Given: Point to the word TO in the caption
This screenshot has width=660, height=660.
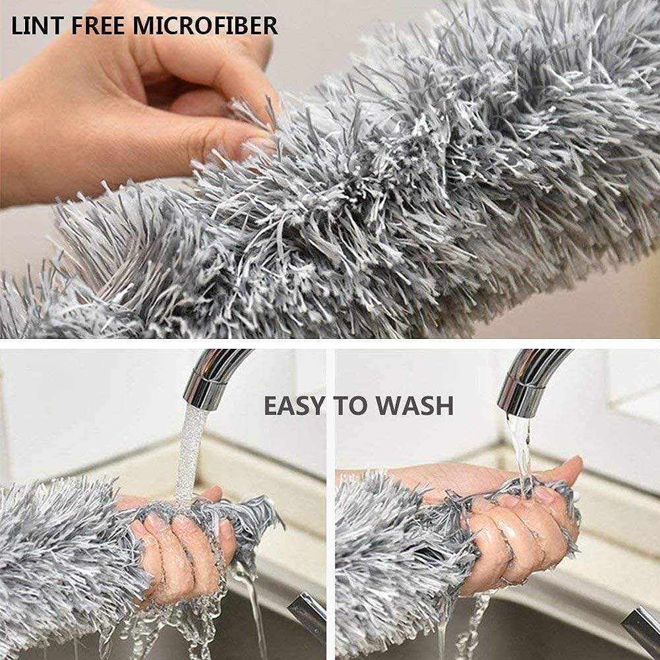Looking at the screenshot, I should click(352, 405).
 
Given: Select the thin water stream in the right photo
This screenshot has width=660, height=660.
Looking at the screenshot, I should click(521, 455).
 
